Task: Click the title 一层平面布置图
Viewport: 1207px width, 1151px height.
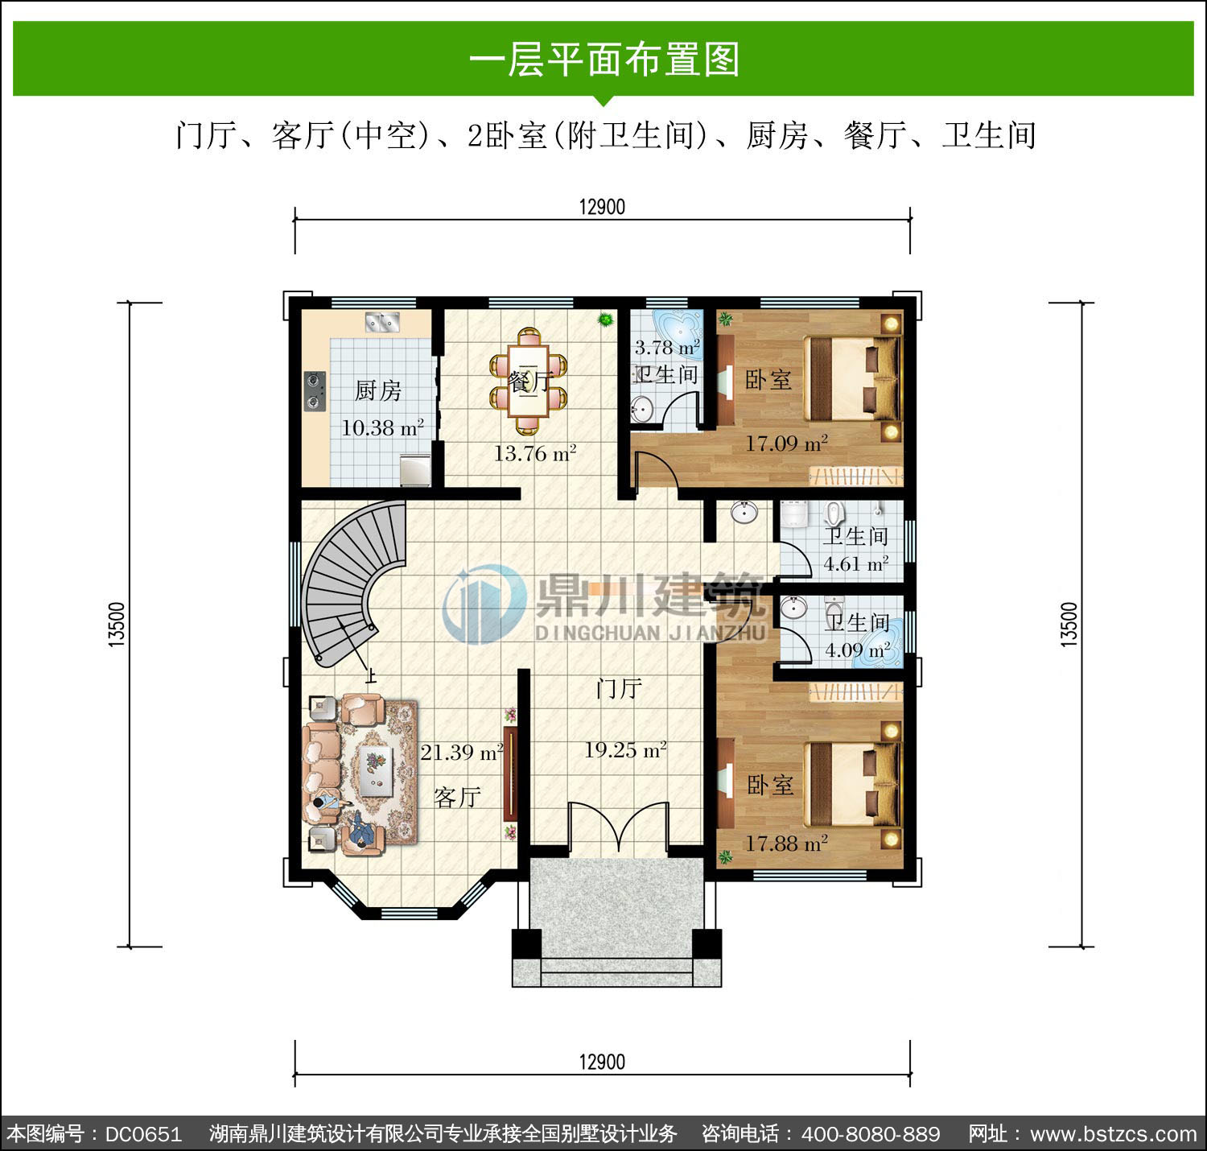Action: pos(604,60)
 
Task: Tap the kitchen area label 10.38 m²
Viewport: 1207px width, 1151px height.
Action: pos(382,427)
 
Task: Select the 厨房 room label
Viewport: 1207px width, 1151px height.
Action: pos(378,390)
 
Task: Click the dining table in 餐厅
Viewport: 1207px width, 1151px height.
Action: pos(528,381)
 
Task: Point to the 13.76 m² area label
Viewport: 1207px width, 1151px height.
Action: pos(535,453)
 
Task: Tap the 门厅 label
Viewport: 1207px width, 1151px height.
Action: pos(619,688)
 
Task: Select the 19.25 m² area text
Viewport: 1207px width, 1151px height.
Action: pos(625,750)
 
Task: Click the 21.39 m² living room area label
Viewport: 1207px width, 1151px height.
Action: pos(463,753)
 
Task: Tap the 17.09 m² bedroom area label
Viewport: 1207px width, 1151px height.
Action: pos(786,443)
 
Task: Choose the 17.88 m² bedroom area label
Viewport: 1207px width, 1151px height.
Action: pos(786,844)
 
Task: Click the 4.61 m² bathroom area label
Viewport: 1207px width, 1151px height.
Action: pos(856,563)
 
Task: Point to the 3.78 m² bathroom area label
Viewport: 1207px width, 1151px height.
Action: pos(667,348)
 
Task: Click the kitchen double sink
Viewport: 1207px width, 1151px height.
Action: pos(382,322)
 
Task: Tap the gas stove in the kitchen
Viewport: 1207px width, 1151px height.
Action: pos(315,391)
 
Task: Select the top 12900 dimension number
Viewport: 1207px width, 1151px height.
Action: pos(602,207)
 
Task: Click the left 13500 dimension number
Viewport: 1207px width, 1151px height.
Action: pos(116,624)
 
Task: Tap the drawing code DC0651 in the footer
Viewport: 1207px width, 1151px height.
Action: pos(144,1134)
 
